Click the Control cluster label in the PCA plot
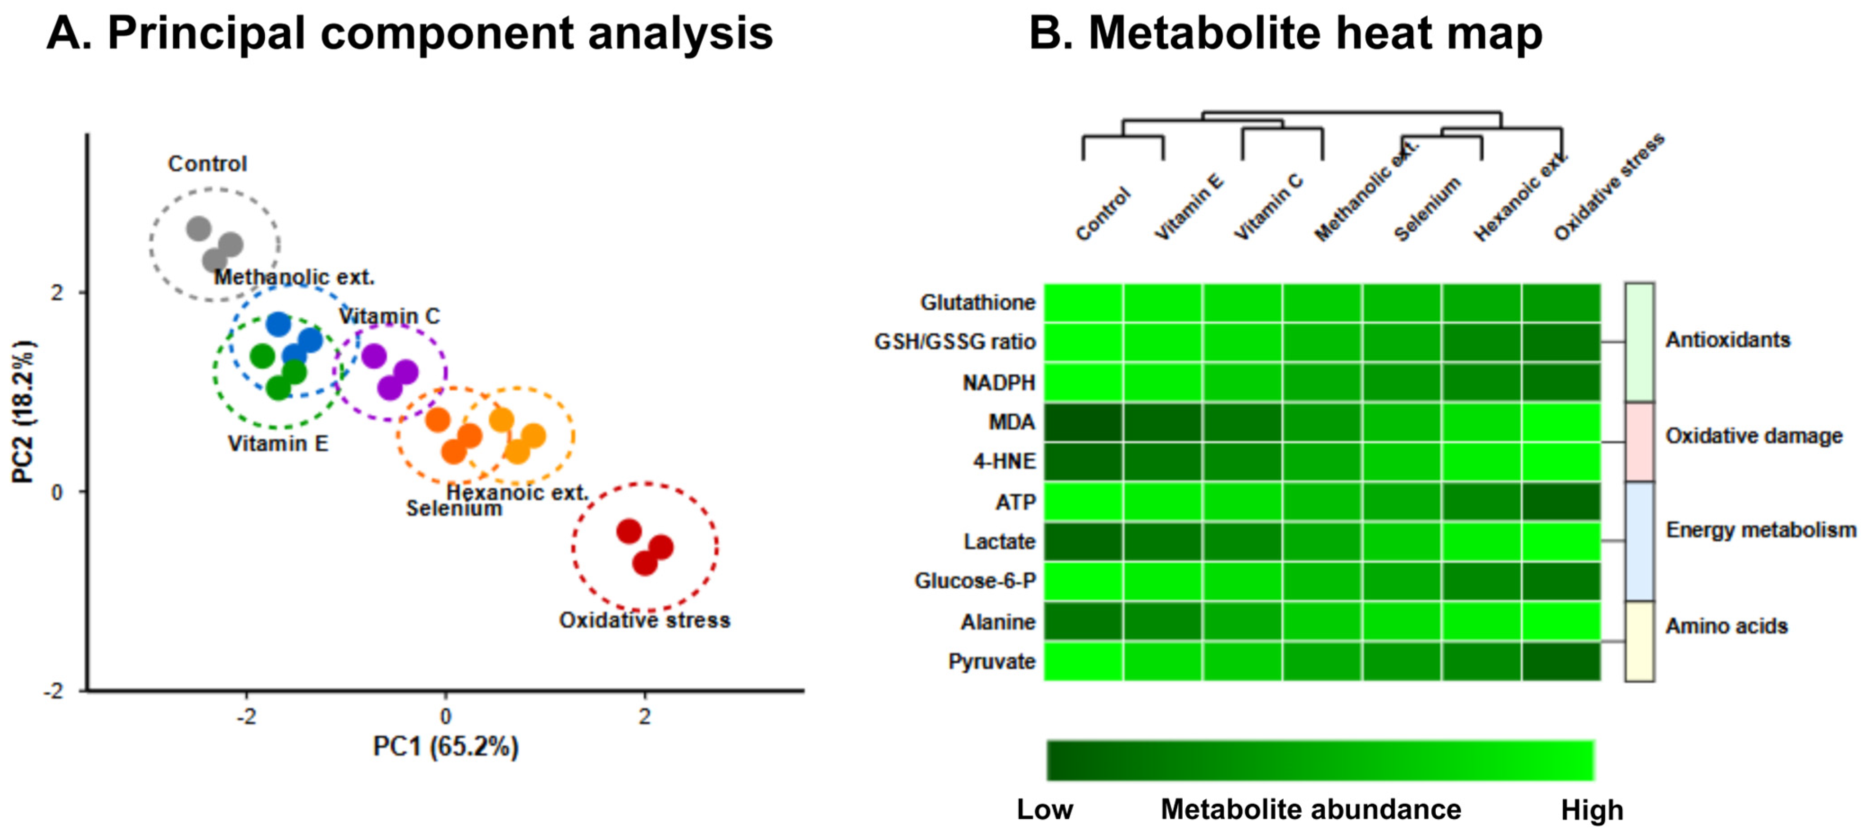pyautogui.click(x=208, y=164)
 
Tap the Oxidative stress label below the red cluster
pyautogui.click(x=644, y=621)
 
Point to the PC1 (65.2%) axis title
pyautogui.click(x=446, y=747)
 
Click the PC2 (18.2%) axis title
pyautogui.click(x=23, y=411)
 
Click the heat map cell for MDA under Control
pyautogui.click(x=1083, y=422)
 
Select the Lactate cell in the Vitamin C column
pyautogui.click(x=1243, y=542)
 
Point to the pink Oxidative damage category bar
pyautogui.click(x=1640, y=442)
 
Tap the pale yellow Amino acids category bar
pyautogui.click(x=1640, y=642)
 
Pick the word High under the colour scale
pyautogui.click(x=1592, y=810)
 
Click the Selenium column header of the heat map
pyautogui.click(x=1426, y=210)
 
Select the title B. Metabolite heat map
pyautogui.click(x=1285, y=33)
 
